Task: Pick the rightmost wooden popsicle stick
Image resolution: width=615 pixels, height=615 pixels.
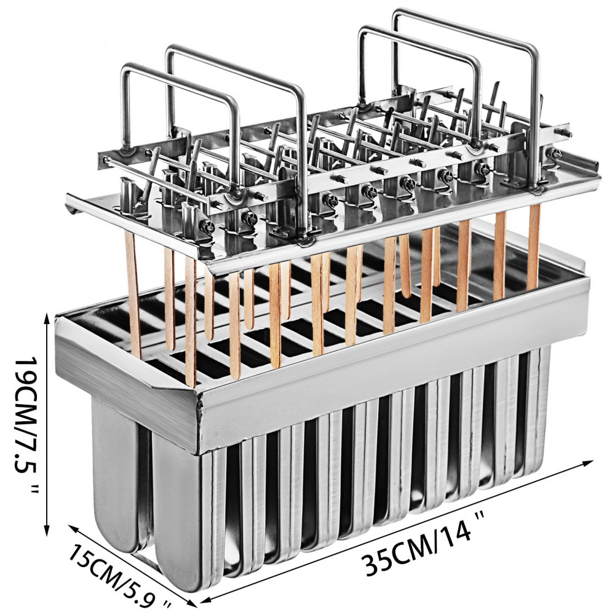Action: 533,246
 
